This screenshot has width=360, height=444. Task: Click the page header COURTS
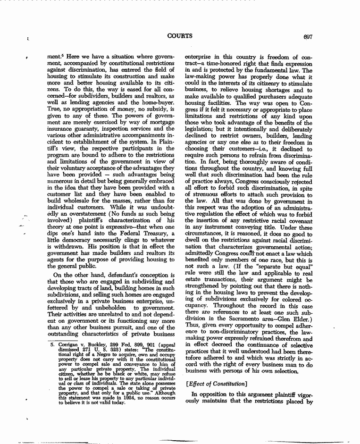point(179,36)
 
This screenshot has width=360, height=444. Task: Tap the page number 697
point(309,36)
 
